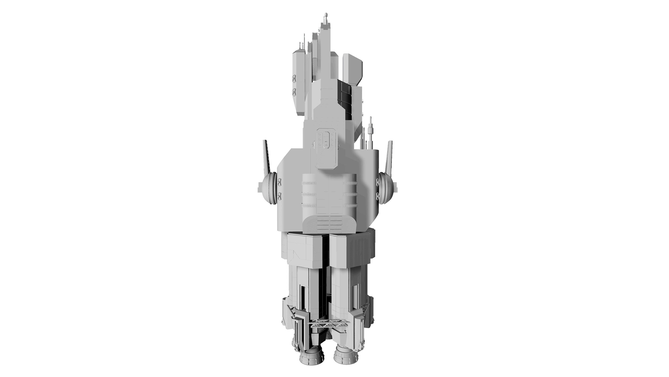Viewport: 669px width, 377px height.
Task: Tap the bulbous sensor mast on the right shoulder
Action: tap(371, 129)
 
